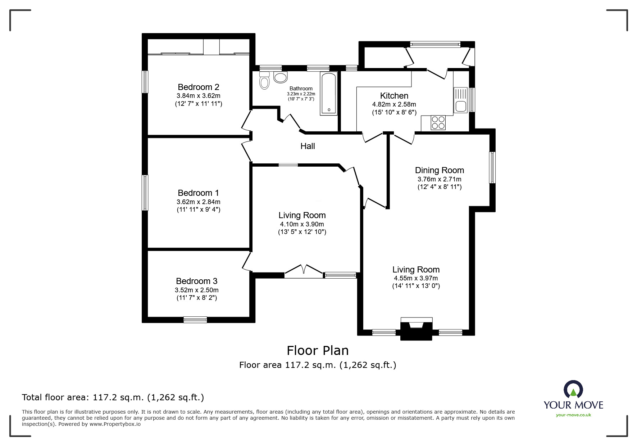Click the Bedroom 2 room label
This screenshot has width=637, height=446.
198,87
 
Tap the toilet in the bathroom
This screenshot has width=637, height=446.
264,81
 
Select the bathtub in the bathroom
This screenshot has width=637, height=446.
329,94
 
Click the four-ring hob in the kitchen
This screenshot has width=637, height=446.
438,122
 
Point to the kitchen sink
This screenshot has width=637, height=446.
460,100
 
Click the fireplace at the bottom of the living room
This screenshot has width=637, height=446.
416,328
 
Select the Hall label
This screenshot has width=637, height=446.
308,146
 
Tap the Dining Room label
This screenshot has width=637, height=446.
439,170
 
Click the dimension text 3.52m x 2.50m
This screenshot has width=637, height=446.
196,290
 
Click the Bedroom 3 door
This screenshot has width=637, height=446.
247,262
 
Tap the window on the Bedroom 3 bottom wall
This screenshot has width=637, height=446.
195,319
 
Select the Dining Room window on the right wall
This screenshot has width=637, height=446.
492,167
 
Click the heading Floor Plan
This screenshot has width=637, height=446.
318,350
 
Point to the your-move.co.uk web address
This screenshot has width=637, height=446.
573,415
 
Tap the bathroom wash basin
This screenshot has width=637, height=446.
281,77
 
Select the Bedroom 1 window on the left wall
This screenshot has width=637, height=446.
145,193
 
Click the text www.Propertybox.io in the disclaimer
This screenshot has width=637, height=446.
115,424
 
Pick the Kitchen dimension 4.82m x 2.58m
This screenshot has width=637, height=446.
394,104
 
